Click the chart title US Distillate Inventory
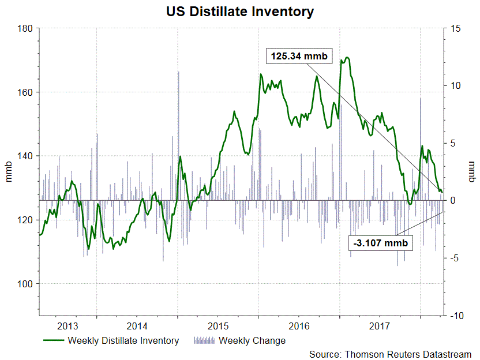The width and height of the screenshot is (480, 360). point(239,11)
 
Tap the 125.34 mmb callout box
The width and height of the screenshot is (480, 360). point(295,57)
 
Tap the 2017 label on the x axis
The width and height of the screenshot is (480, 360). point(380,324)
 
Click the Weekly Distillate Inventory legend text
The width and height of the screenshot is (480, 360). point(123,340)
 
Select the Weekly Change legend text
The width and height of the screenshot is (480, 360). point(252,340)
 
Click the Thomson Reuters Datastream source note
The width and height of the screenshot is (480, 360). point(390,354)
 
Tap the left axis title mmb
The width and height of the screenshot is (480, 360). point(9,172)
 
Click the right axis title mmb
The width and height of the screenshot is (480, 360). point(471,172)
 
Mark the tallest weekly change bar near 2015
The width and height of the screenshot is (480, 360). point(178,72)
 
